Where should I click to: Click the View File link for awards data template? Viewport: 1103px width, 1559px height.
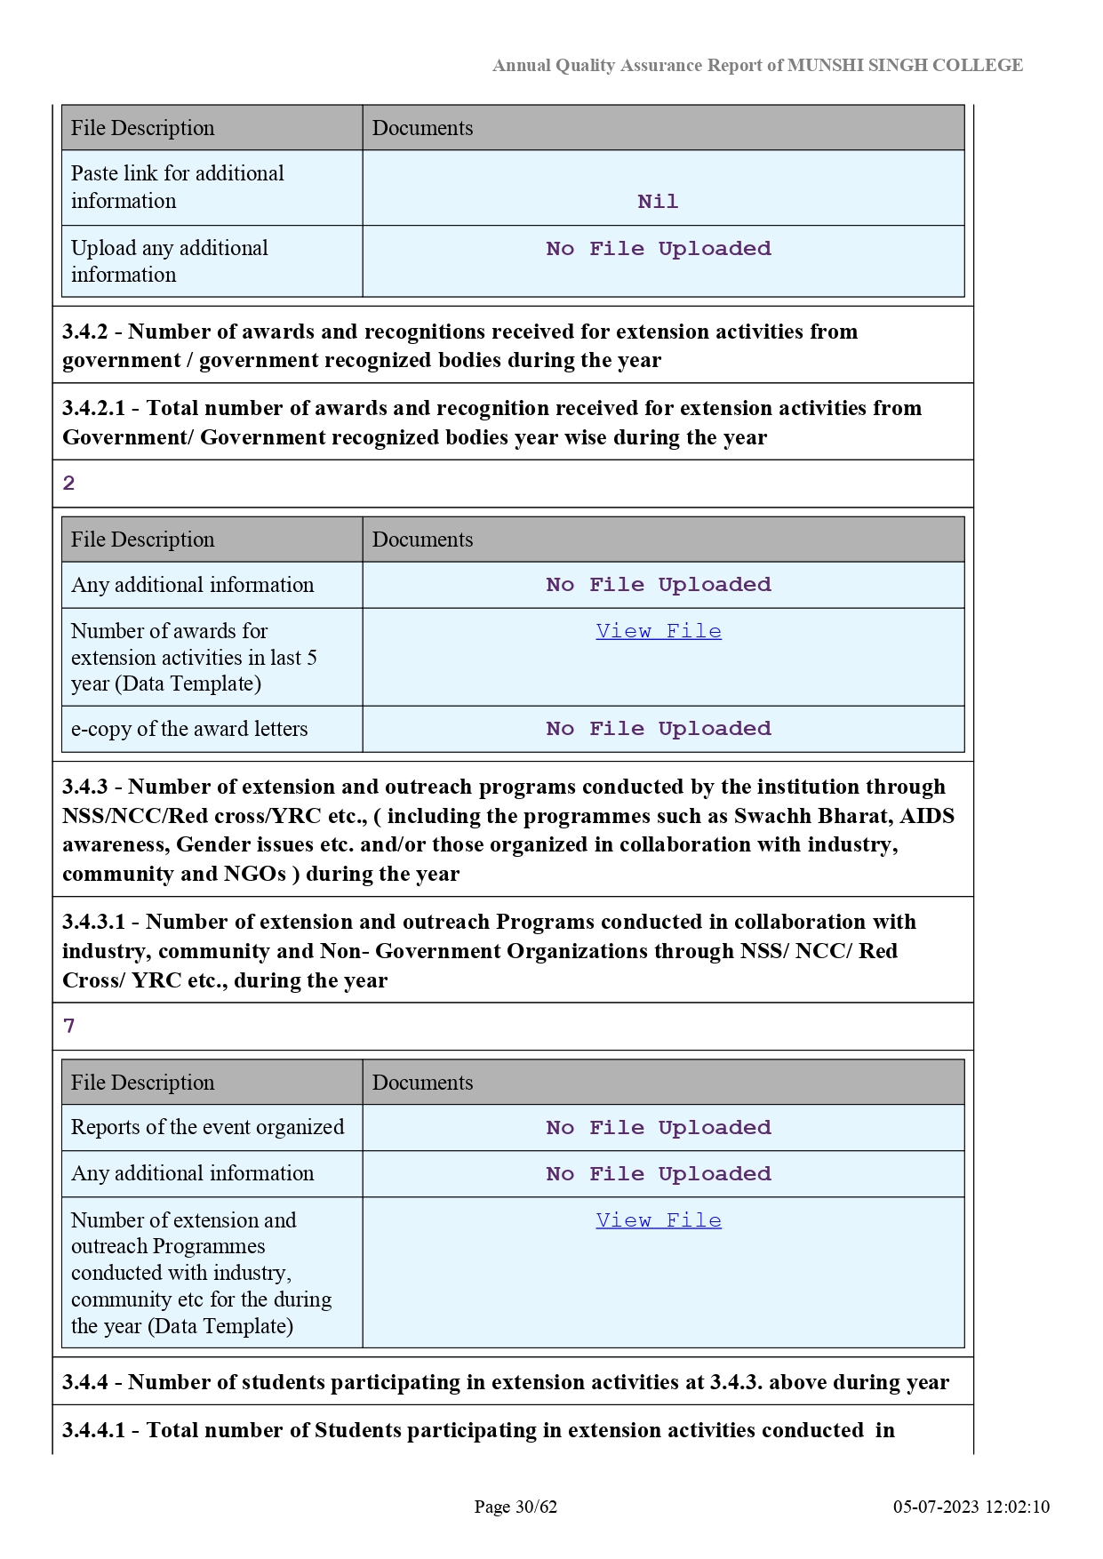tap(659, 631)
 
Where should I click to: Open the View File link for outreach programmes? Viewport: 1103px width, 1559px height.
tap(659, 1220)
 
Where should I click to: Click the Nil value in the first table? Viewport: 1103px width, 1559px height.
tap(658, 202)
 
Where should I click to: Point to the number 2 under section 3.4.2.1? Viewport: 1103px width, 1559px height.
tap(69, 484)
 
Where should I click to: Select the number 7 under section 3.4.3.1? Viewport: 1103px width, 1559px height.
tap(69, 1027)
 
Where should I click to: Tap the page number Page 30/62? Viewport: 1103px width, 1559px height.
tap(516, 1507)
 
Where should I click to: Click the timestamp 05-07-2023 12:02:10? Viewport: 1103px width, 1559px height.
tap(971, 1507)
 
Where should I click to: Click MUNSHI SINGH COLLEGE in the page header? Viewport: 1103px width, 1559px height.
tap(905, 65)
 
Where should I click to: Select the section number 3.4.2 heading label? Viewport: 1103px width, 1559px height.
tap(85, 332)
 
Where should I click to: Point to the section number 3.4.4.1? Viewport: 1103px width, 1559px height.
tap(93, 1430)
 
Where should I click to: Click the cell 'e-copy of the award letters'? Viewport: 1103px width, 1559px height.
tap(189, 729)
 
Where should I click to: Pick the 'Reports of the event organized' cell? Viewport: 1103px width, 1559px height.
tap(207, 1127)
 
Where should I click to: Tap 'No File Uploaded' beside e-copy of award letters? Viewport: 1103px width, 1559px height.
tap(659, 729)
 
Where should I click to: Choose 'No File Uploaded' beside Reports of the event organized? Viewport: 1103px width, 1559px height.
tap(659, 1128)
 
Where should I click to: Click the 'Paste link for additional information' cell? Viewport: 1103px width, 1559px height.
tap(178, 187)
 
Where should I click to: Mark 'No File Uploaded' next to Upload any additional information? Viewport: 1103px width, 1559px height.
tap(659, 249)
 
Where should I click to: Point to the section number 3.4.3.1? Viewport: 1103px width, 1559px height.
tap(93, 922)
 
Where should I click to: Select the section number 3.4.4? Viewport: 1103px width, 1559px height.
tap(85, 1382)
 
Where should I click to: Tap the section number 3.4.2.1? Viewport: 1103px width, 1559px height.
tap(93, 408)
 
